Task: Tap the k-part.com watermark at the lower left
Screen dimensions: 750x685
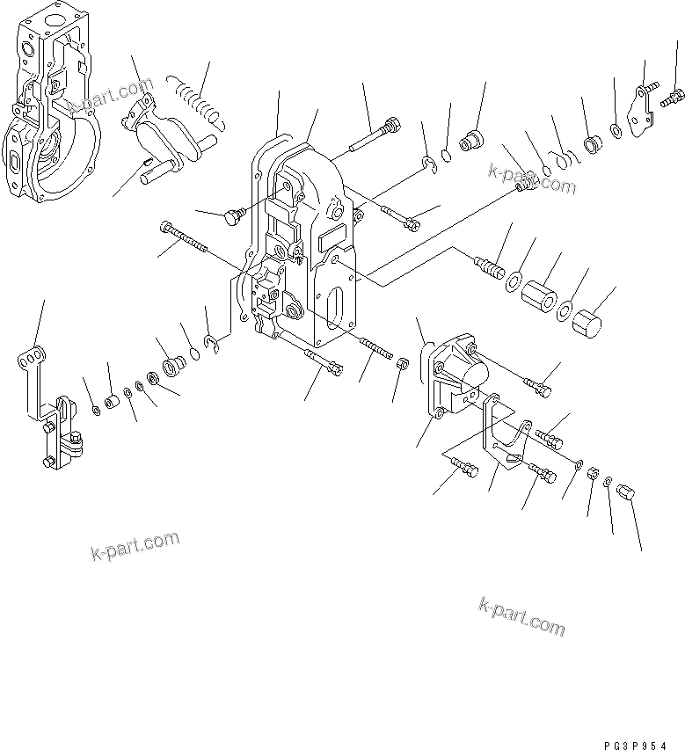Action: click(135, 546)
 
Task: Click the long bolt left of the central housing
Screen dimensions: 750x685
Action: click(185, 238)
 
